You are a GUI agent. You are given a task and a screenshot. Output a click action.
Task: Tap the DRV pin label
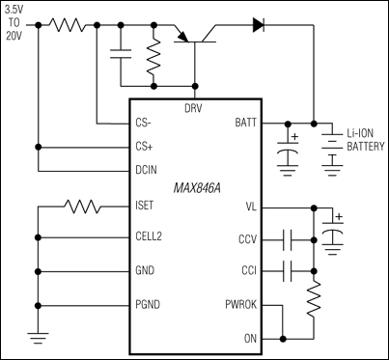click(x=193, y=107)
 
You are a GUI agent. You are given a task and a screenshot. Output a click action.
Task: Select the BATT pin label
click(x=246, y=123)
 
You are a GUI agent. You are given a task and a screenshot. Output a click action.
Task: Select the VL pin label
click(x=251, y=207)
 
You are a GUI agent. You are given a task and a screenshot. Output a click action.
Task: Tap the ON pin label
click(x=251, y=338)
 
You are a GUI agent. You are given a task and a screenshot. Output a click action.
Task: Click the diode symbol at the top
click(x=259, y=25)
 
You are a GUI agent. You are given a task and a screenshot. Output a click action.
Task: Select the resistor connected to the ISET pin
click(x=82, y=207)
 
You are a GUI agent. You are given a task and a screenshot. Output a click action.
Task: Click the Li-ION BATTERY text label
click(x=360, y=141)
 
